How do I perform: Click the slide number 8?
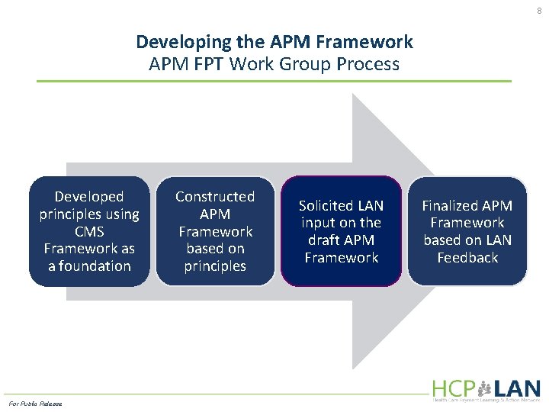tap(540, 11)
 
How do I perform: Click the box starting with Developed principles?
tap(89, 231)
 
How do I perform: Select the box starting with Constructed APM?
tap(215, 231)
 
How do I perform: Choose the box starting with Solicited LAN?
tap(341, 231)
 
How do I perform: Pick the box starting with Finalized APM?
tap(467, 231)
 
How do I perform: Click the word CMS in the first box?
tap(89, 231)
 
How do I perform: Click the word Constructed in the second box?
tap(215, 197)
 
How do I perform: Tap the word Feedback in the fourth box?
tap(467, 257)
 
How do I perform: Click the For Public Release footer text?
tap(35, 403)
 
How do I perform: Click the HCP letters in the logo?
tap(452, 388)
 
